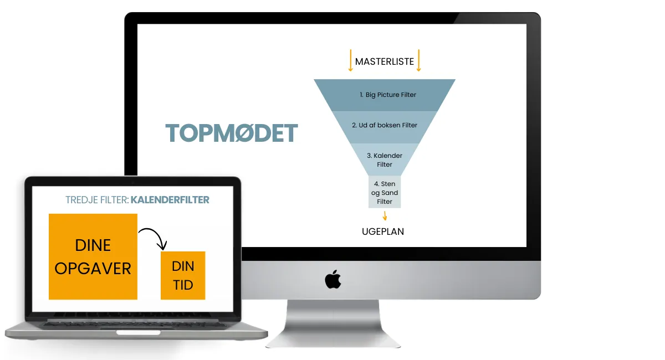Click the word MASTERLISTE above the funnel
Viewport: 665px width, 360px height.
point(384,61)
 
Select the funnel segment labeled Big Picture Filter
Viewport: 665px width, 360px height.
point(385,95)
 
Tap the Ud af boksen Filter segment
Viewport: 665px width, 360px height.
point(385,125)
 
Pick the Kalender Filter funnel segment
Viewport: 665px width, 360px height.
point(385,160)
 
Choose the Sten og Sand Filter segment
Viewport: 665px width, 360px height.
point(385,192)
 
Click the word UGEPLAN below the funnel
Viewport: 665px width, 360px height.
point(382,232)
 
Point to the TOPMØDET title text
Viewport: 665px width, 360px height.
point(232,133)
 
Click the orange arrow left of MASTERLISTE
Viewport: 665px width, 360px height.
point(350,61)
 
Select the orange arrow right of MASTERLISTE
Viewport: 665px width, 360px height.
point(418,61)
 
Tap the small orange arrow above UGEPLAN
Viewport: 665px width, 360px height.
point(385,215)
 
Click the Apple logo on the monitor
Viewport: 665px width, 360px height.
point(332,280)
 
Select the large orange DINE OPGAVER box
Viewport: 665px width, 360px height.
point(93,256)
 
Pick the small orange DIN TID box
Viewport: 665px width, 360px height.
point(183,275)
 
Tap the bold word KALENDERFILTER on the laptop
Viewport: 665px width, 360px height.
point(170,199)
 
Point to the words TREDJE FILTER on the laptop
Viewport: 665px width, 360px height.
point(96,199)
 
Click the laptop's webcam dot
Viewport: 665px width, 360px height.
point(132,182)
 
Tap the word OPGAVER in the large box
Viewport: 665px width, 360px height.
point(93,269)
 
